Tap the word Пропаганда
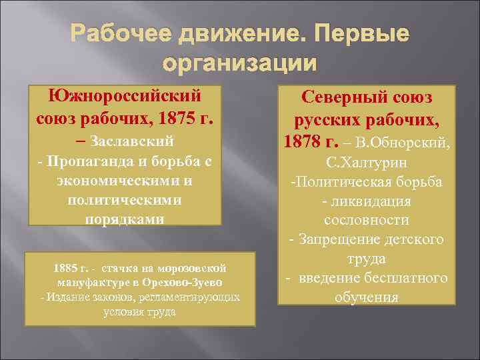[103, 162]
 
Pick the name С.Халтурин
[368, 163]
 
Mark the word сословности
[367, 220]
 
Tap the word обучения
[367, 297]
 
